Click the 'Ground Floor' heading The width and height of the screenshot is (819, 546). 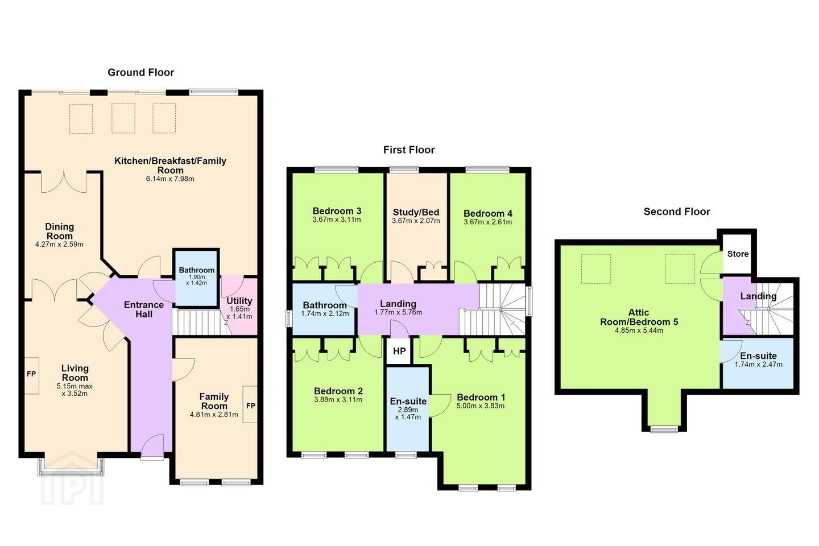click(141, 72)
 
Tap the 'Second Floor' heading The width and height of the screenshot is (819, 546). click(677, 212)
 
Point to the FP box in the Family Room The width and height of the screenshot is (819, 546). click(250, 404)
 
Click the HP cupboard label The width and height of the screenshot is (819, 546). click(399, 351)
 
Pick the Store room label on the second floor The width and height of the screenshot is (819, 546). click(738, 254)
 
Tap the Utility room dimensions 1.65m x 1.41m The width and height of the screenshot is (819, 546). click(239, 313)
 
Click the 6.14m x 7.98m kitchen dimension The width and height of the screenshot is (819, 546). click(170, 179)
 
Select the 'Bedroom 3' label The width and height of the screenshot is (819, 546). click(337, 211)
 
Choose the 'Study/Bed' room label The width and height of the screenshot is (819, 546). click(416, 213)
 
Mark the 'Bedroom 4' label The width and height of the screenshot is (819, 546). click(488, 214)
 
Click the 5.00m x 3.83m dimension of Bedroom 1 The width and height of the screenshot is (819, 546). click(481, 406)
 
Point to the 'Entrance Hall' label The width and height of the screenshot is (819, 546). click(144, 309)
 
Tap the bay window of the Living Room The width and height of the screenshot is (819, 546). click(71, 466)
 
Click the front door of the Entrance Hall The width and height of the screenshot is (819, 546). click(152, 446)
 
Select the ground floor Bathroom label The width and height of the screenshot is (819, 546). click(197, 270)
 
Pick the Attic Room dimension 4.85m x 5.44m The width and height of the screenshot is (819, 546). click(639, 330)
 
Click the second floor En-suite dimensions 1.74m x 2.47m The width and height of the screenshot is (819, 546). click(759, 365)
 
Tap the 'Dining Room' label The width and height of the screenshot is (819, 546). click(60, 231)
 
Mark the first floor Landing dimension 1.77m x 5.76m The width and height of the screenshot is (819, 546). click(398, 312)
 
